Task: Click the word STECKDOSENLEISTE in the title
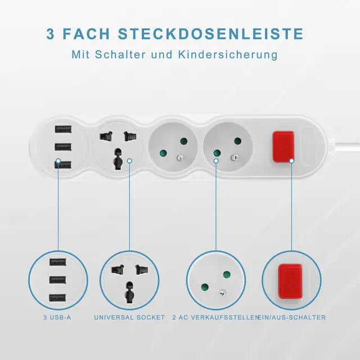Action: tap(211, 34)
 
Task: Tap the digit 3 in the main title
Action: tap(50, 34)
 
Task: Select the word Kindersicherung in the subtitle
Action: tap(228, 55)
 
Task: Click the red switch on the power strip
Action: tap(283, 147)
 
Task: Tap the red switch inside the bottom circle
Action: tap(290, 281)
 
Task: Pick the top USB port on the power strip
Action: tap(63, 129)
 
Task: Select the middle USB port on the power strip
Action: tap(63, 147)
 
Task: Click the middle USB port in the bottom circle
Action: tap(58, 280)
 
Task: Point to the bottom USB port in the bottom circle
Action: tap(58, 298)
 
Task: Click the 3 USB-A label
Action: tap(57, 317)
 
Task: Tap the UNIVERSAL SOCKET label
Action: tap(129, 317)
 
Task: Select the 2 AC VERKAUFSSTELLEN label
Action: tap(215, 317)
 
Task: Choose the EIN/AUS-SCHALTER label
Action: tap(292, 317)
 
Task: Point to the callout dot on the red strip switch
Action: tap(291, 161)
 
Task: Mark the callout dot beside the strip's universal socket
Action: tap(129, 161)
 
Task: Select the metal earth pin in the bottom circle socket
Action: tap(222, 292)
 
